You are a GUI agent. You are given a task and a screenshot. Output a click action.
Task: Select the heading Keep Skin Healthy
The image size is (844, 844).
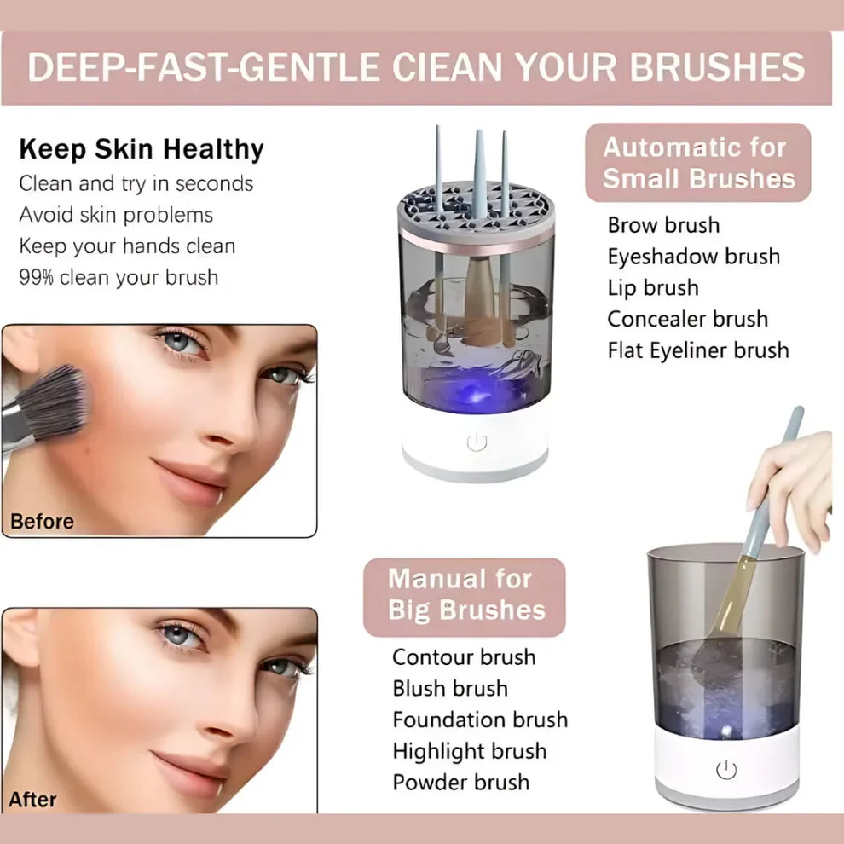[x=142, y=149]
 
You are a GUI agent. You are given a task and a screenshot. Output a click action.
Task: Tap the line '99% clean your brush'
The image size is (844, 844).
[x=119, y=277]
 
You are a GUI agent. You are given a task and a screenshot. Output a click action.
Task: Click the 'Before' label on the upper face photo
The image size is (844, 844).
[x=42, y=521]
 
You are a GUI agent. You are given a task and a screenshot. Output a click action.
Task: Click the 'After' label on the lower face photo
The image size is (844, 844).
[x=32, y=800]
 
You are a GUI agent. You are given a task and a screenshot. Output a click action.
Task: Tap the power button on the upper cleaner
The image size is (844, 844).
[x=477, y=442]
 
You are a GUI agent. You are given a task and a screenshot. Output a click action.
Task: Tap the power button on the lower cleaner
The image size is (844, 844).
[x=725, y=770]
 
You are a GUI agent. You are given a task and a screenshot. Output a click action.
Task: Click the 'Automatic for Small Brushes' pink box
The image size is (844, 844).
[x=698, y=163]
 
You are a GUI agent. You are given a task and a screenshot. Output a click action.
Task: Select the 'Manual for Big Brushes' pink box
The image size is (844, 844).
[x=465, y=595]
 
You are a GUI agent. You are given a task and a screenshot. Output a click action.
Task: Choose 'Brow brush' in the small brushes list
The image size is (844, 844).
[x=663, y=225]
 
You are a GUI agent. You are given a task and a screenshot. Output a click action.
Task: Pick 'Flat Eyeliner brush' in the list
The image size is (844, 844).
[x=697, y=350]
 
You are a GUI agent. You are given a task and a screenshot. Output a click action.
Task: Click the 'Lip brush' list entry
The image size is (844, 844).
[x=652, y=287]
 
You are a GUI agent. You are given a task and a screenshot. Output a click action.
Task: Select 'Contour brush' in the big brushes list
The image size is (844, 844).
[x=464, y=657]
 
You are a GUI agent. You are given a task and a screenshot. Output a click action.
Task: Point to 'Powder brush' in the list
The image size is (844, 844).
[x=460, y=782]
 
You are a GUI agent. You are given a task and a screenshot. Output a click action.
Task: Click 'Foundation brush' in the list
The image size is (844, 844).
[x=479, y=720]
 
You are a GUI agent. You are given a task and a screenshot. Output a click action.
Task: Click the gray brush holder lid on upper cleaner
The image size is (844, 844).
[x=476, y=213]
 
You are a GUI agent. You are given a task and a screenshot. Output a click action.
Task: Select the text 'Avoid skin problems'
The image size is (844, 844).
[x=116, y=215]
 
